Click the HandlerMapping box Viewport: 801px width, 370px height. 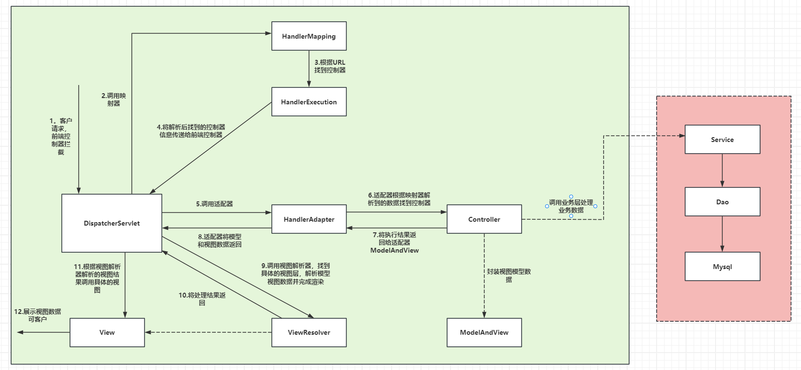pos(309,36)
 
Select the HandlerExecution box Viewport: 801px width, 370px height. pos(309,102)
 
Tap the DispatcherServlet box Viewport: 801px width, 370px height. pos(112,223)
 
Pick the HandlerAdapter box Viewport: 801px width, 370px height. pos(309,219)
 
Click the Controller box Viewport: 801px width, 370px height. pos(484,219)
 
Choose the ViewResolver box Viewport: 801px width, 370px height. pos(309,332)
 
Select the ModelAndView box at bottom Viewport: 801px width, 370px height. pos(484,332)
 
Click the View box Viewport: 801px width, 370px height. pos(107,332)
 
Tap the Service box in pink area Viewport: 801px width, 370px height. pos(722,140)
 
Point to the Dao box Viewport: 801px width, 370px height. pos(722,202)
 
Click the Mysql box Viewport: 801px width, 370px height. pos(722,267)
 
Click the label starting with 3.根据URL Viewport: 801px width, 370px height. pos(330,66)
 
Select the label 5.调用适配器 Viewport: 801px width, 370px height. pos(214,204)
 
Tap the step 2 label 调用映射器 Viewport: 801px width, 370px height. pos(113,100)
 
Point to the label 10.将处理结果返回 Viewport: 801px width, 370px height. pos(202,299)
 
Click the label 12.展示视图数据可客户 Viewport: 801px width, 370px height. pos(37,315)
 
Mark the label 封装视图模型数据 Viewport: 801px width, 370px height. pos(508,275)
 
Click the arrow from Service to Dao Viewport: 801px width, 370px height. pos(722,170)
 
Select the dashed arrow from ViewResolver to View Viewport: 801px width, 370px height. pos(208,332)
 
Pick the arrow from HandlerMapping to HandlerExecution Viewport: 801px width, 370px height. pos(309,69)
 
